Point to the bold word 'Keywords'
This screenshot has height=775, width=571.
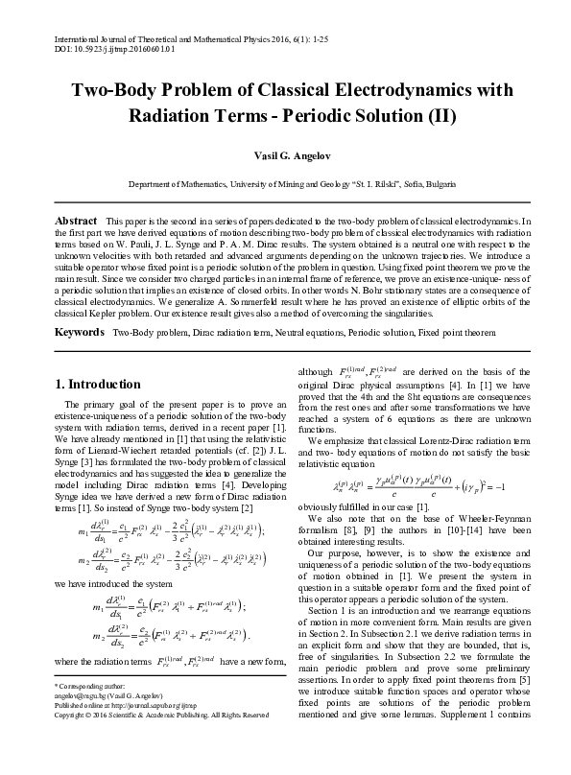[x=79, y=330]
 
